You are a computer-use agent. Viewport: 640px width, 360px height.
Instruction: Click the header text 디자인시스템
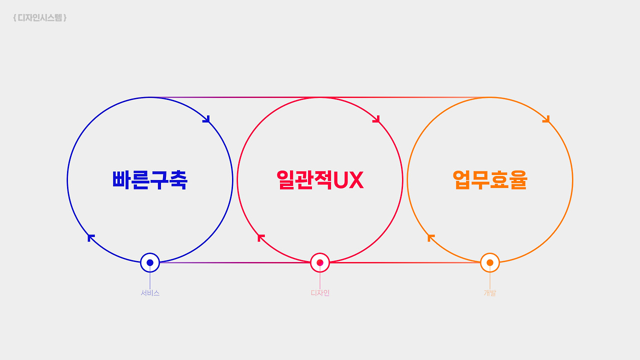40,18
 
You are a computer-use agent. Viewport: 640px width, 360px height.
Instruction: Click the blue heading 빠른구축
150,180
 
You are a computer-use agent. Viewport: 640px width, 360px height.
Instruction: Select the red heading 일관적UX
320,180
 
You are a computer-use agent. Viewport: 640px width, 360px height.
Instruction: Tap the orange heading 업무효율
490,180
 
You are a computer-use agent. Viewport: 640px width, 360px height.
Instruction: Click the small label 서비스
150,293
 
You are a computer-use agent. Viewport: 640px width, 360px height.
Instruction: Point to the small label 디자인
320,293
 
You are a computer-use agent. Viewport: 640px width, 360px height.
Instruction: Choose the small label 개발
490,293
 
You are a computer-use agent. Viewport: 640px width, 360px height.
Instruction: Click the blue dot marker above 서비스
150,262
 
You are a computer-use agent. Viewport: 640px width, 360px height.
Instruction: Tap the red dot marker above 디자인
320,262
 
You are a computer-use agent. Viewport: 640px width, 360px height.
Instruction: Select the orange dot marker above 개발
490,262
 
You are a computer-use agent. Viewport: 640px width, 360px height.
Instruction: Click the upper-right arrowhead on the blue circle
206,119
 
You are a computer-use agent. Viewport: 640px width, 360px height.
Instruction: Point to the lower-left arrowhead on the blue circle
91,237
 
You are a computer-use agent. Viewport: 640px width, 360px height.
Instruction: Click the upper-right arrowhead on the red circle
376,119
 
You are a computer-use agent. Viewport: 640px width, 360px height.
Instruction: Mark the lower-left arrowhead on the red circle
261,237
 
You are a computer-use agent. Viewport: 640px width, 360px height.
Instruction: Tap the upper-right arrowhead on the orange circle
546,119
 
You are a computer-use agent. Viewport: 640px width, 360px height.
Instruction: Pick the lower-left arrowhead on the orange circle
431,237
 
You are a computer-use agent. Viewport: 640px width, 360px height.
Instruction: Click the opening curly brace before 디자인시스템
15,18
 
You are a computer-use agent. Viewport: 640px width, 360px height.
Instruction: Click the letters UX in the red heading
348,180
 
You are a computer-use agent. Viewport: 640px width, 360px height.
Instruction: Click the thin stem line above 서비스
150,280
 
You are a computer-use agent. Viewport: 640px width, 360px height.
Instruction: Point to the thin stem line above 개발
490,280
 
